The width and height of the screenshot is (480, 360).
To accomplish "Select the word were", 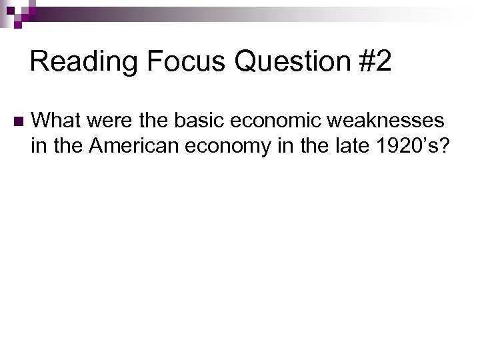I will (106, 120).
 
